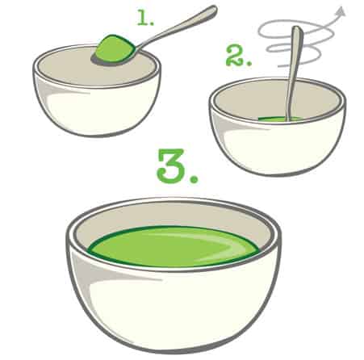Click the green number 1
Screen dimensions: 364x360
click(143, 19)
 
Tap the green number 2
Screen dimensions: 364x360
click(235, 56)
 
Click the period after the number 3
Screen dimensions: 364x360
click(194, 178)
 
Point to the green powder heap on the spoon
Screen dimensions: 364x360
click(115, 48)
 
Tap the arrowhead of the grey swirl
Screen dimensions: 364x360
click(341, 10)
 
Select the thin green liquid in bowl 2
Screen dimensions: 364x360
click(280, 119)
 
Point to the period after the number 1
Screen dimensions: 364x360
click(153, 23)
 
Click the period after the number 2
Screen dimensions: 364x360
click(249, 64)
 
